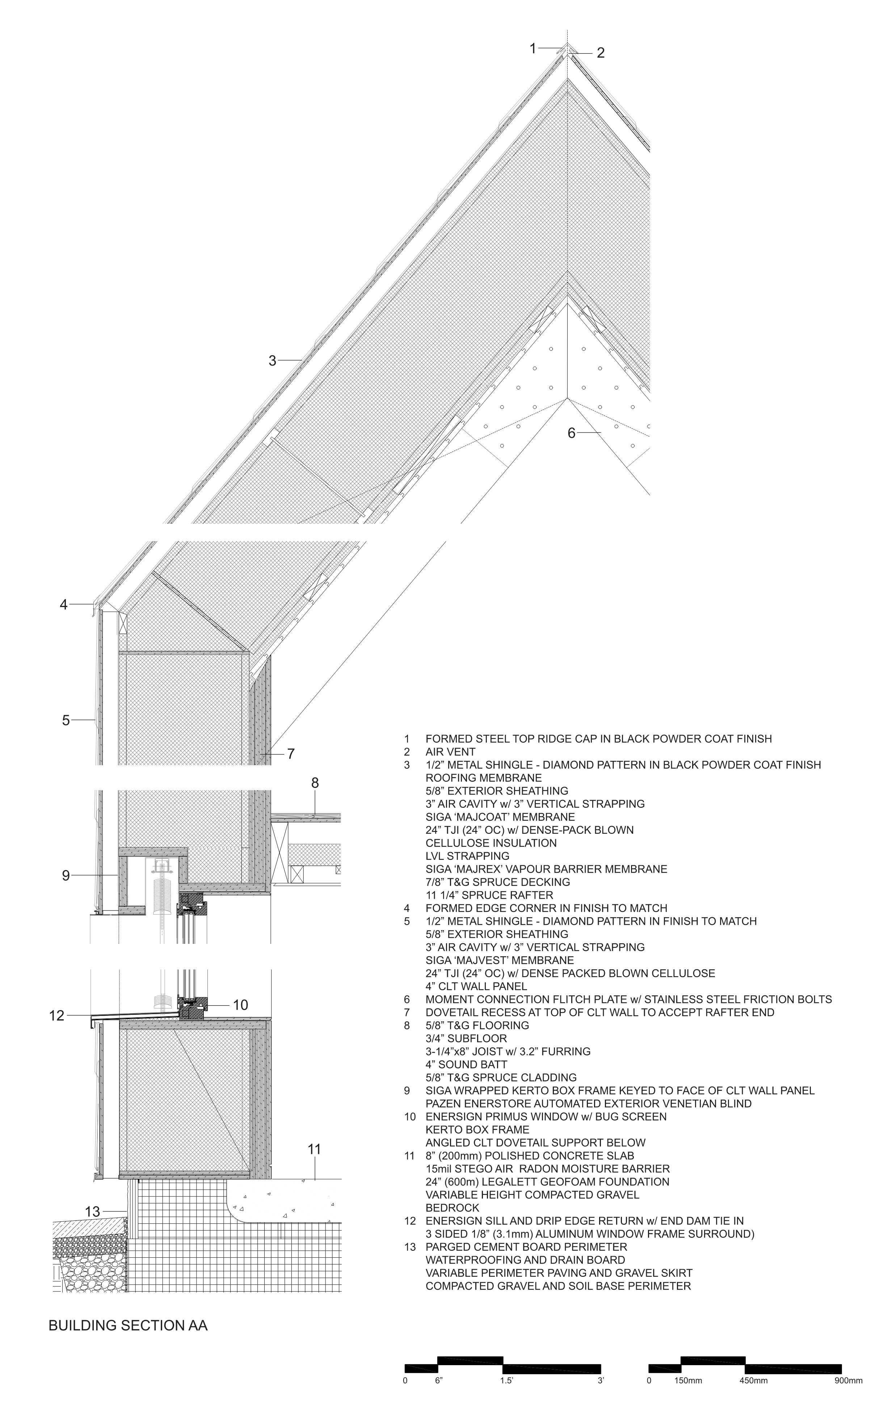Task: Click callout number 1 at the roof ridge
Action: (x=532, y=48)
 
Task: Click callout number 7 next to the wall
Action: (x=291, y=754)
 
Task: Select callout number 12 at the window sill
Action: (x=57, y=1016)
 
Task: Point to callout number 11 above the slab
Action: (x=315, y=1149)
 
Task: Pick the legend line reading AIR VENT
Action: (x=450, y=752)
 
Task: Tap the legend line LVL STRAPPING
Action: (x=467, y=856)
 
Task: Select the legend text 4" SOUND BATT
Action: (x=466, y=1064)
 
